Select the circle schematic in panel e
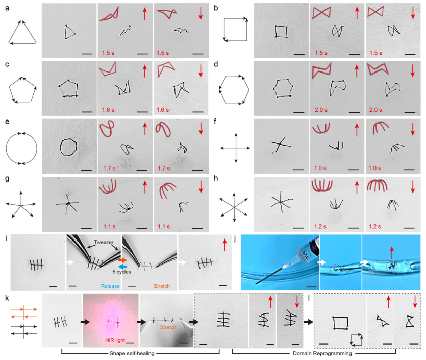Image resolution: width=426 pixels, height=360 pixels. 22,148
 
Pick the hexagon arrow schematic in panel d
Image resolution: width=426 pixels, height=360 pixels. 235,90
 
